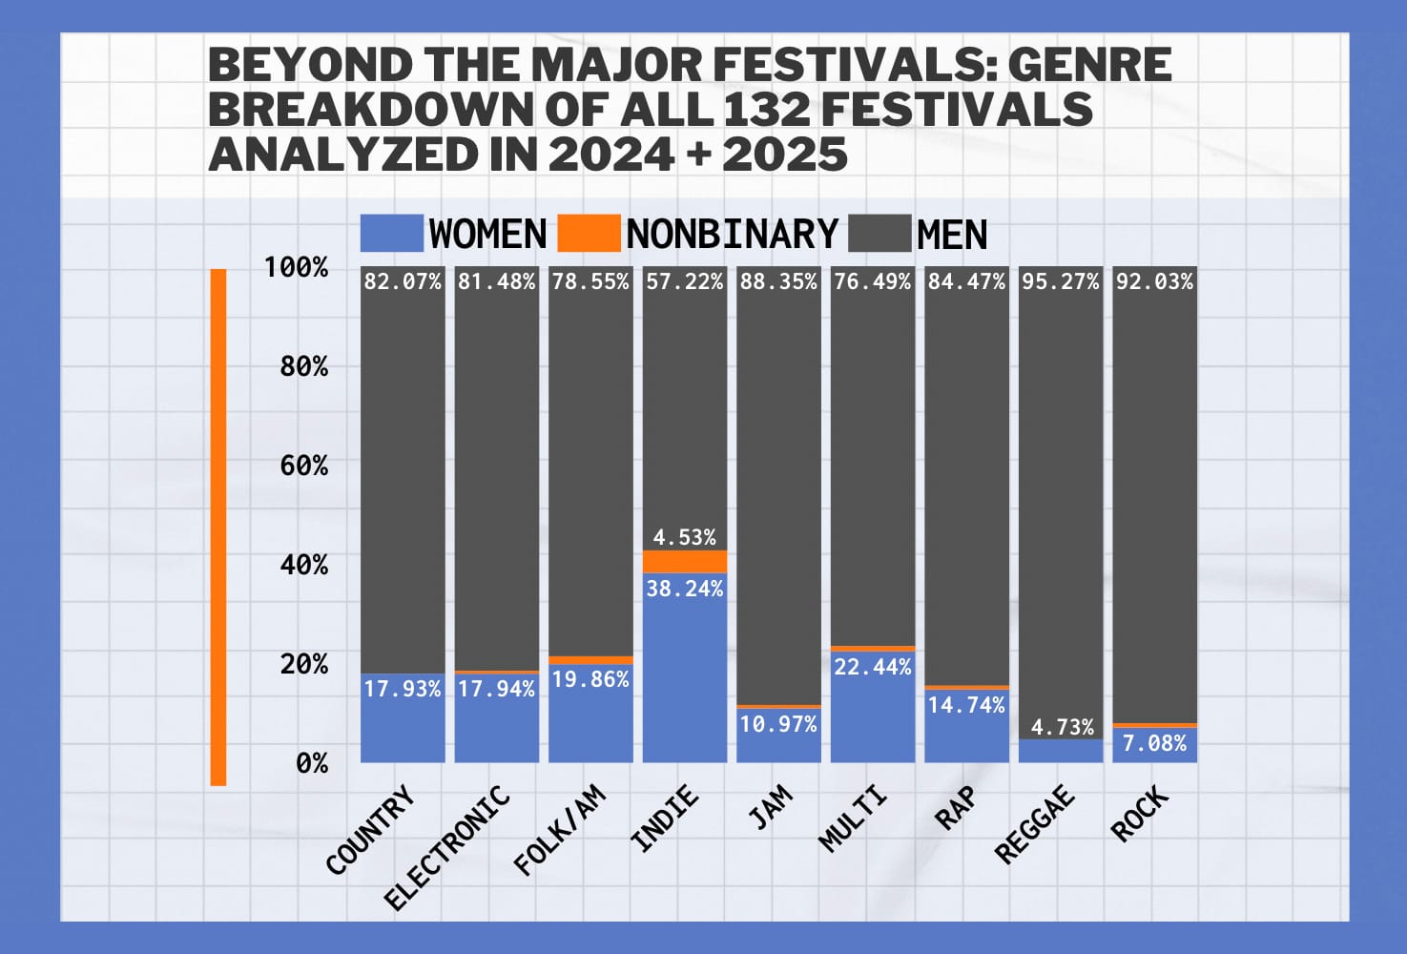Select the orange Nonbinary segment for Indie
click(x=685, y=561)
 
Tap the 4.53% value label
click(x=685, y=537)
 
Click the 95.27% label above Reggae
click(x=1061, y=281)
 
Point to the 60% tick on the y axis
click(x=303, y=466)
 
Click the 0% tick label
click(x=311, y=763)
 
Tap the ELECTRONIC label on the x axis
click(x=447, y=848)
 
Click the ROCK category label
click(x=1140, y=814)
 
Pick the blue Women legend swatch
click(x=391, y=234)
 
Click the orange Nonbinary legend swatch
click(x=588, y=234)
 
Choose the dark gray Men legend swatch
click(x=879, y=234)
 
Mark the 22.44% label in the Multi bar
click(x=873, y=667)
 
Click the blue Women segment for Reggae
click(x=1061, y=751)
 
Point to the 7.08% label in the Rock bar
click(x=1155, y=743)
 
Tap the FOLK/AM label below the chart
click(x=560, y=829)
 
